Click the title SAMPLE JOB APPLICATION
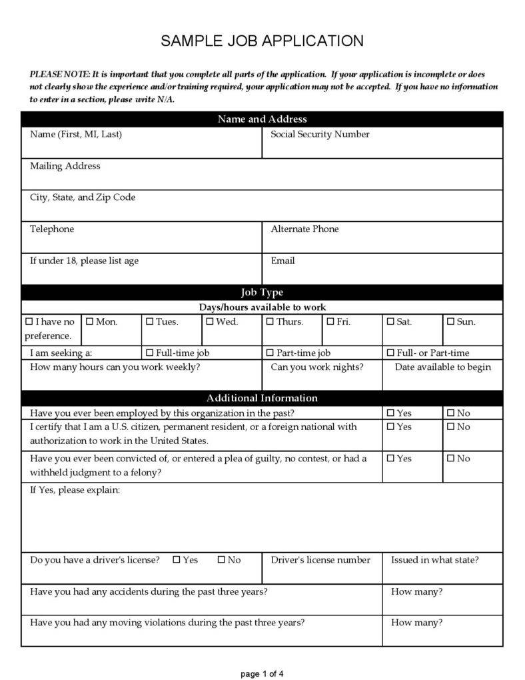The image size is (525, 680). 262,41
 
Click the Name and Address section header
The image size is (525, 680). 262,119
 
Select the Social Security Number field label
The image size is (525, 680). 320,135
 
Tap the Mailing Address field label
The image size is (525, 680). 65,166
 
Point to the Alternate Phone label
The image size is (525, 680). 304,229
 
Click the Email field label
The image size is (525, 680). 282,261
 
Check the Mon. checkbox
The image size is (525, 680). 90,321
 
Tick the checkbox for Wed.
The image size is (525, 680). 209,321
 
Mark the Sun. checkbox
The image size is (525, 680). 450,321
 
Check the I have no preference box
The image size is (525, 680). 29,321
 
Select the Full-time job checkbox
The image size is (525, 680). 150,353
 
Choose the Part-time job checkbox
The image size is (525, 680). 270,353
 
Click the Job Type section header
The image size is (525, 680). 262,293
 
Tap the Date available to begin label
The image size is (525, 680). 443,367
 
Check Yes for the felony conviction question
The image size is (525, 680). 390,459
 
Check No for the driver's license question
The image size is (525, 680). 221,560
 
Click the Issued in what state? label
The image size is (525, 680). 434,560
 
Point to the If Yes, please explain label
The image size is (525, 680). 75,491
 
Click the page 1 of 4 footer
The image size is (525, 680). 262,673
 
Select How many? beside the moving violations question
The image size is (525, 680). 416,623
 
